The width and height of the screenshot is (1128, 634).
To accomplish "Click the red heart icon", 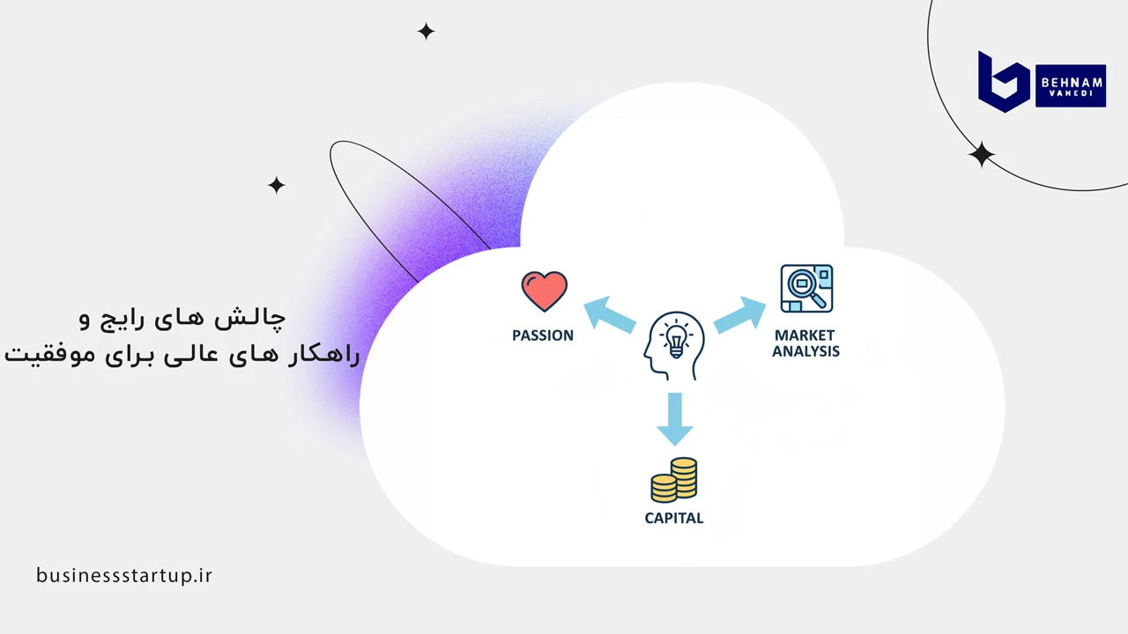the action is tap(545, 291).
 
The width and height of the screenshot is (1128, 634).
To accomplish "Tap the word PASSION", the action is tap(543, 335).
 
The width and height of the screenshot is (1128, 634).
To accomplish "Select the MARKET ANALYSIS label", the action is tap(805, 343).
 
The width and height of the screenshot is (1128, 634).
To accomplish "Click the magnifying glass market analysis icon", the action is tap(806, 288).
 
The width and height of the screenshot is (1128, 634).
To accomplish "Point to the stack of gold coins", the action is tap(674, 480).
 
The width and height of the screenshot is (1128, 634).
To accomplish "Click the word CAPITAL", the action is tap(674, 519).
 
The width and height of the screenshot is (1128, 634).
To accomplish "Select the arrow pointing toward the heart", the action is tap(609, 315).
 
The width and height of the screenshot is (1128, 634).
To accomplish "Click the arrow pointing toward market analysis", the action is tap(739, 315).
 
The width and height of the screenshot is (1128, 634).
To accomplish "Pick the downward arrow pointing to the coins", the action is tap(675, 419).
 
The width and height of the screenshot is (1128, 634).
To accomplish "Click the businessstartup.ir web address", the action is tap(124, 575).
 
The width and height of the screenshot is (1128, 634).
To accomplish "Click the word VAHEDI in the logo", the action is tap(1071, 93).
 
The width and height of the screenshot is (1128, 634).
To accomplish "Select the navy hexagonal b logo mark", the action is tap(1004, 82).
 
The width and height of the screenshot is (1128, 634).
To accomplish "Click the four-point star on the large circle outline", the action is tap(982, 154).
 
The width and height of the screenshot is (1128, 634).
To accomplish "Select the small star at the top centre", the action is tap(426, 31).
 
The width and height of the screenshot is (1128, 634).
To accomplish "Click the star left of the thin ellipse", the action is tap(276, 185).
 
